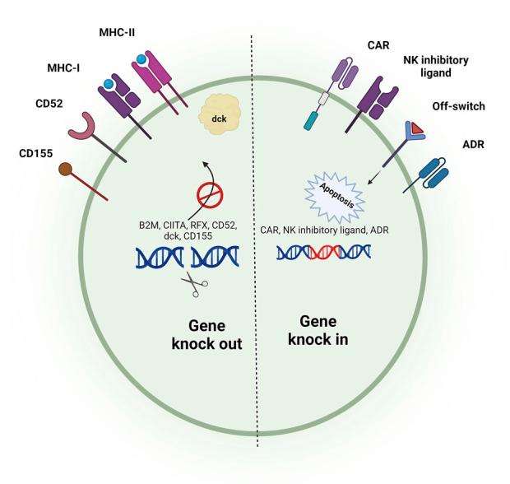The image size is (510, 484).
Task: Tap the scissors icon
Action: (x=194, y=286)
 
